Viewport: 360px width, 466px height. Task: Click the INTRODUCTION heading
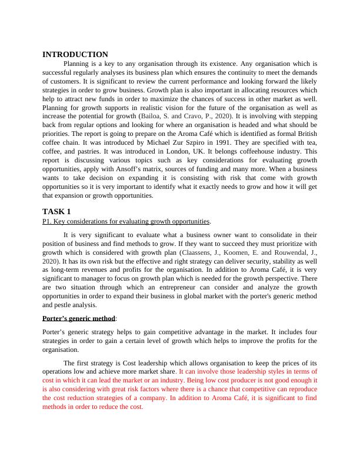(75, 54)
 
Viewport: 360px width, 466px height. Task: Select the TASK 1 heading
(58, 211)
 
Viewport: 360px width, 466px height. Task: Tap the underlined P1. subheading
(126, 221)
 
